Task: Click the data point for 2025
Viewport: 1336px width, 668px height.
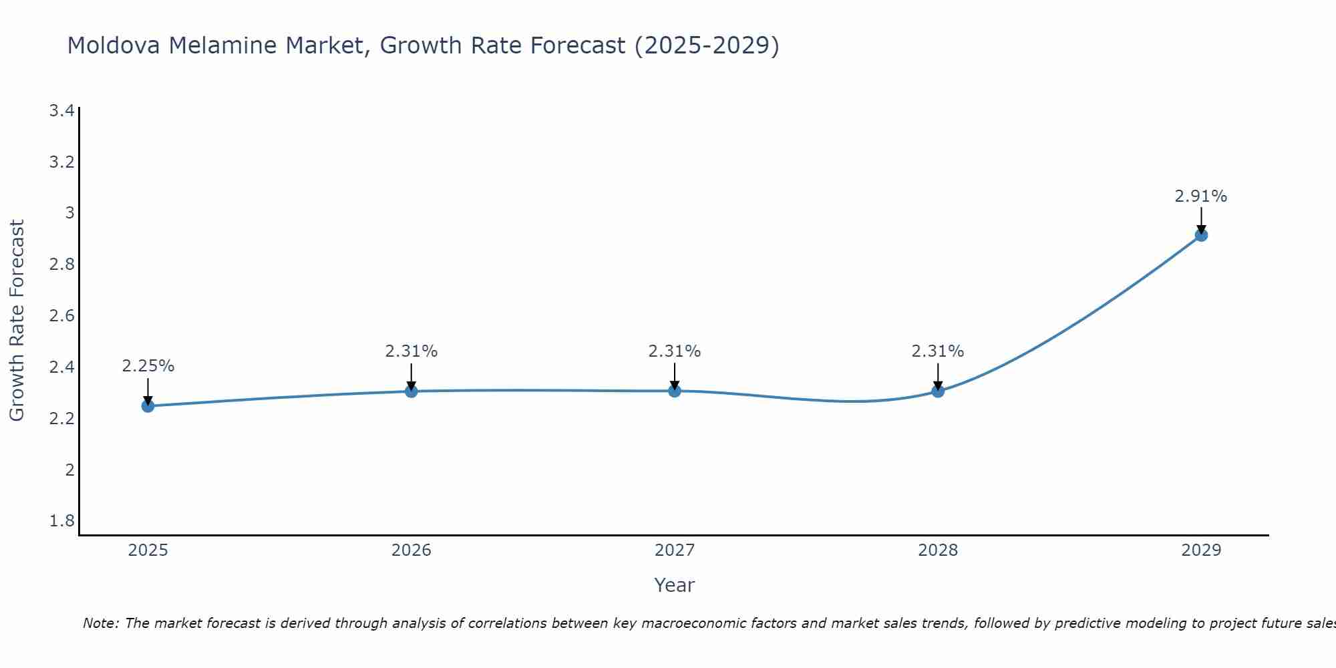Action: point(148,405)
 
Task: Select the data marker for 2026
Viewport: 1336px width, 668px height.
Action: point(411,391)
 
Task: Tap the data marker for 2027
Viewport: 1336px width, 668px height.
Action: point(675,391)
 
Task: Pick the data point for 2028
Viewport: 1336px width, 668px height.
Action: point(938,391)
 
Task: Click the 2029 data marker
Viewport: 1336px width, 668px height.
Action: point(1201,235)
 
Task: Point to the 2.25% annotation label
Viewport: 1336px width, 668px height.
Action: point(148,366)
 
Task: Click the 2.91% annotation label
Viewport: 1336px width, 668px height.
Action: point(1200,196)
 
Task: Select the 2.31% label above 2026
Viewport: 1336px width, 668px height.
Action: point(411,351)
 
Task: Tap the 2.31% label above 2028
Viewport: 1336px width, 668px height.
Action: point(938,351)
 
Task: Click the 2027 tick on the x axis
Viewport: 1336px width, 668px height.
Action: point(675,550)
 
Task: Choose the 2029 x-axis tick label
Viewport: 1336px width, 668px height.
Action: point(1201,550)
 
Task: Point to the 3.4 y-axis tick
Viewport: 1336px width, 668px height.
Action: point(61,111)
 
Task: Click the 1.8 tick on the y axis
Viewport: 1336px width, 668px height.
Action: point(61,521)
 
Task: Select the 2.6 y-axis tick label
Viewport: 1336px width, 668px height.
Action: point(61,316)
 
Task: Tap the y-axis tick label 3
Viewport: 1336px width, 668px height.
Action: point(69,213)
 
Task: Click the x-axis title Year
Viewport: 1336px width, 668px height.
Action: point(675,585)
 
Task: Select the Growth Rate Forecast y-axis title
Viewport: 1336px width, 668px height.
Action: point(17,321)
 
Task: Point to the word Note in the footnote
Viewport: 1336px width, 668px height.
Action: point(100,623)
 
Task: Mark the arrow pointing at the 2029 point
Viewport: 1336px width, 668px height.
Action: point(1201,220)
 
